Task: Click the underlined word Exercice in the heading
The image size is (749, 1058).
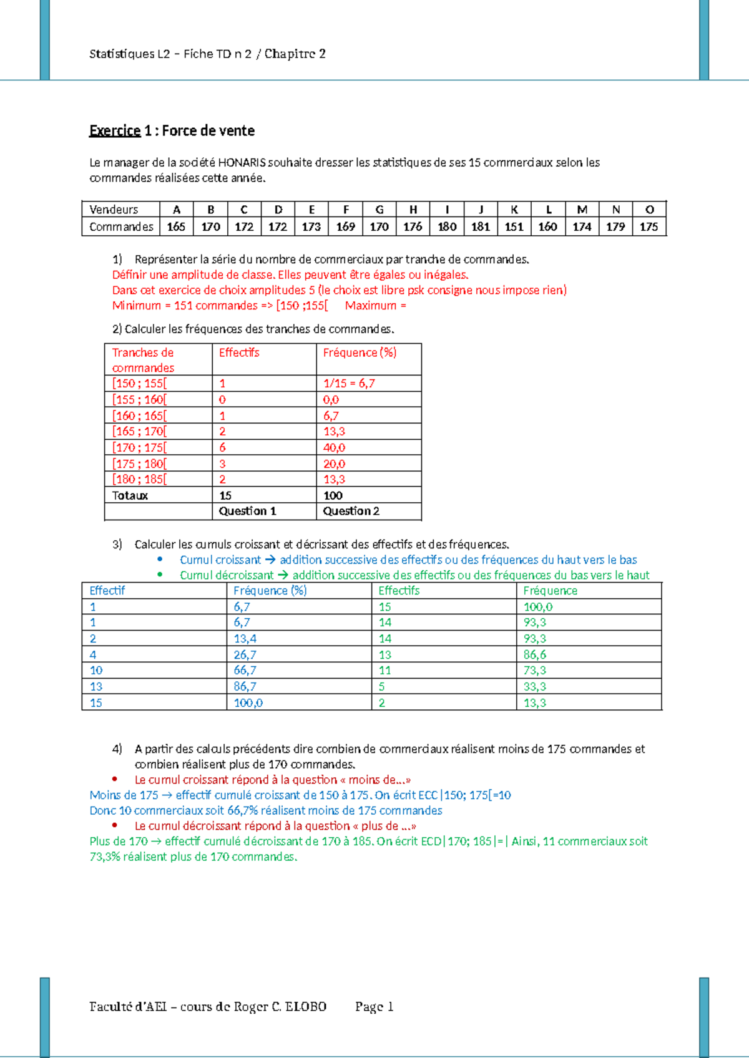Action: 115,131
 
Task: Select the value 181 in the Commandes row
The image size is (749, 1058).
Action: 480,227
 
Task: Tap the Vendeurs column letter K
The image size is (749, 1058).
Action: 514,210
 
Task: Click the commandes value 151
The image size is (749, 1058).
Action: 514,227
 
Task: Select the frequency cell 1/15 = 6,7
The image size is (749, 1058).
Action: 349,384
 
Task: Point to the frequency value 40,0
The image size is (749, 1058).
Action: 334,448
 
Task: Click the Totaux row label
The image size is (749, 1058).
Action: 130,496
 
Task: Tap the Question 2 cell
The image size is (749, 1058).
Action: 351,512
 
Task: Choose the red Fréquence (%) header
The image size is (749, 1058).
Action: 360,353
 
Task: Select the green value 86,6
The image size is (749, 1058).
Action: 535,655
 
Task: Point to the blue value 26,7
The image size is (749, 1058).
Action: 245,655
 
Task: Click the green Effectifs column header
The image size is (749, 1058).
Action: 399,591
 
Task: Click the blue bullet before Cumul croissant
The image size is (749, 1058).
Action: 160,560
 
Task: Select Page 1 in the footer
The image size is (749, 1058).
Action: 374,1007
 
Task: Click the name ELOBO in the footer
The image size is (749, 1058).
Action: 306,1007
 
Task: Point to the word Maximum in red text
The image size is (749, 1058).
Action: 371,306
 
